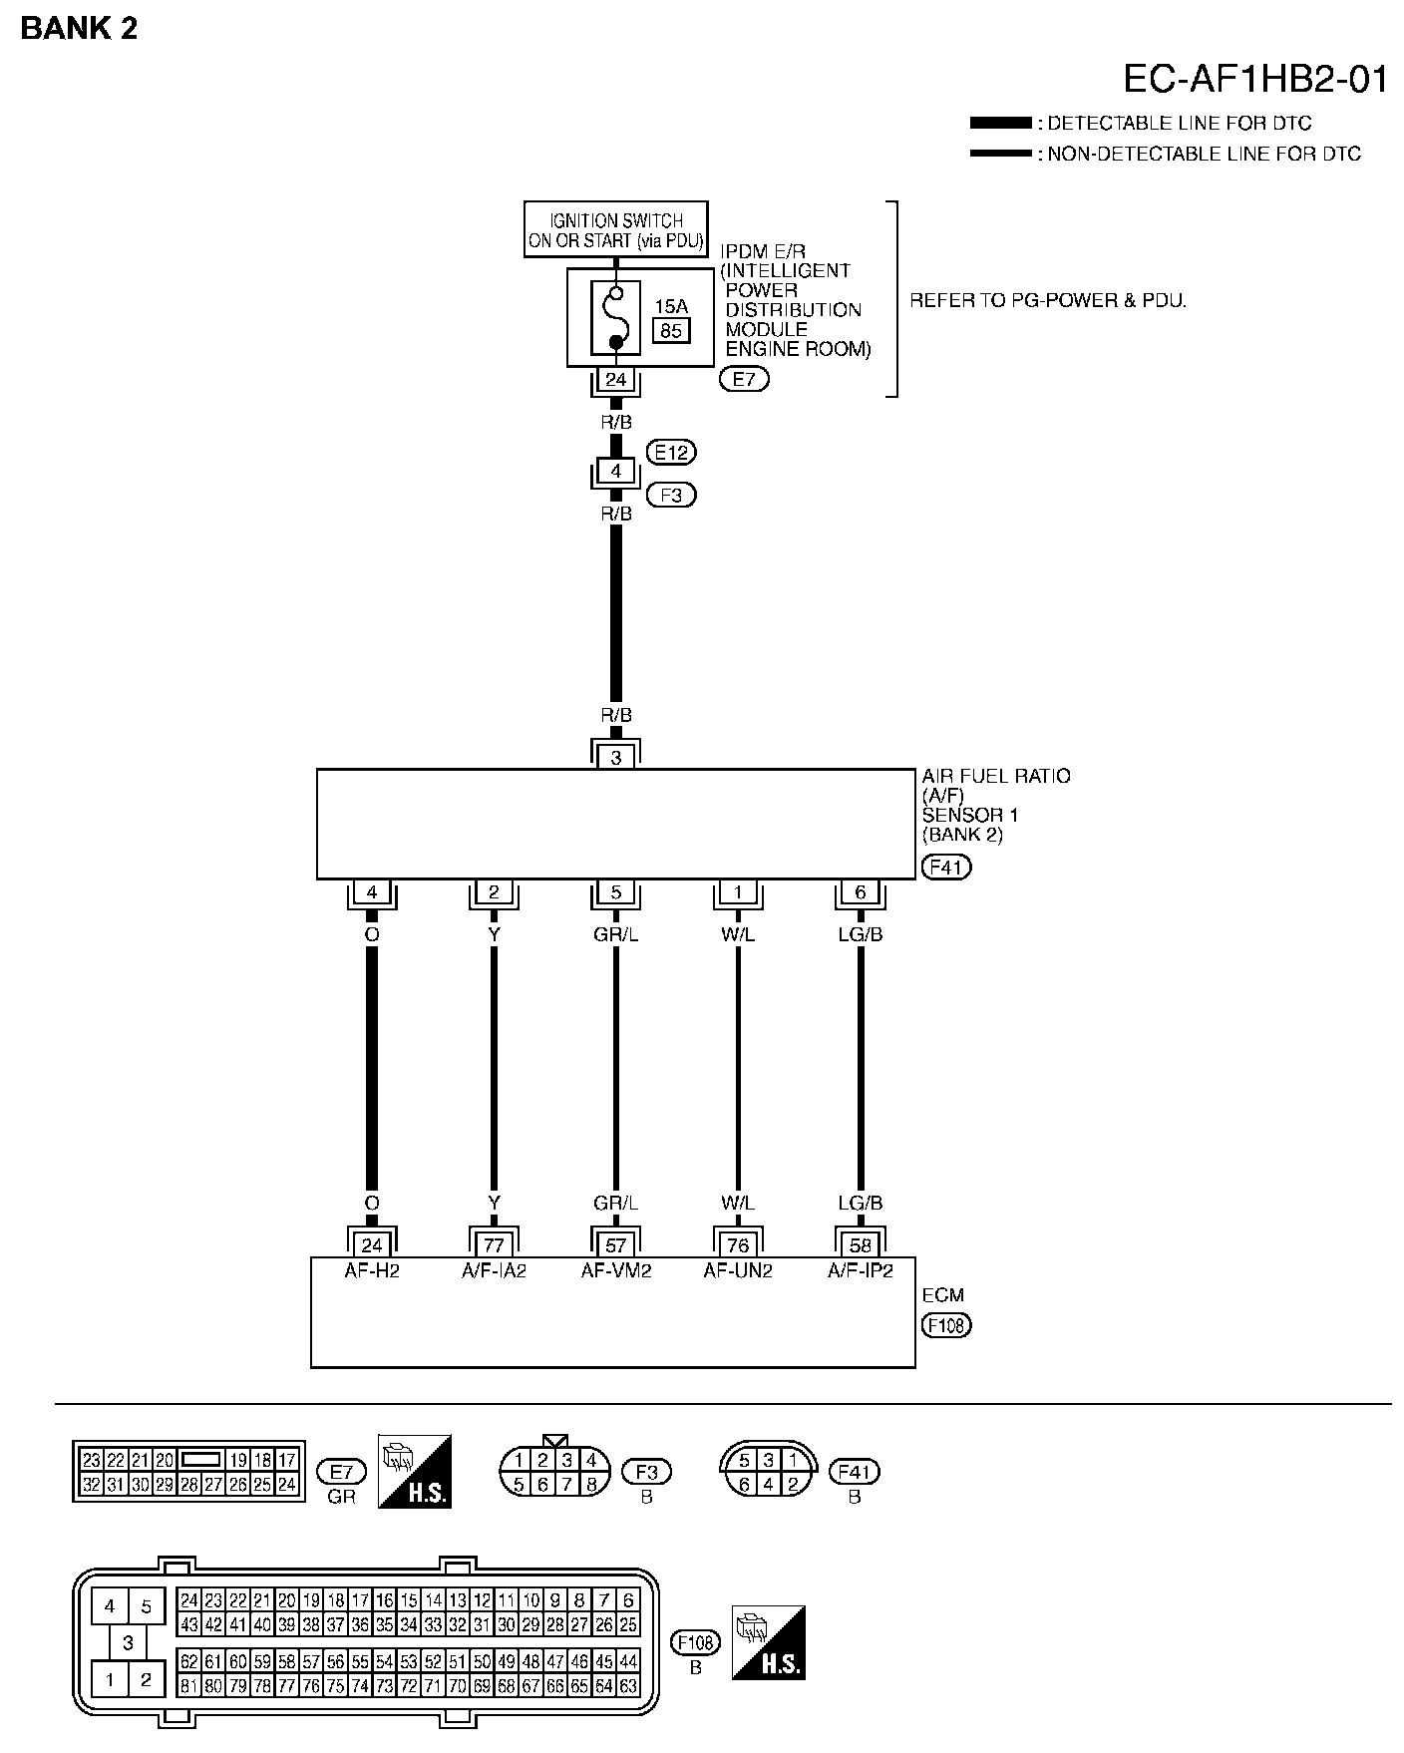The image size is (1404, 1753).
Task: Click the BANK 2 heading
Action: [79, 28]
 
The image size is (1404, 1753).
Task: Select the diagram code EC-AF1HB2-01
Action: [1255, 79]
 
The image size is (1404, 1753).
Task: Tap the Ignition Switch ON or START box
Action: [616, 229]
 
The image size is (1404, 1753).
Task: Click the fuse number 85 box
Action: [671, 330]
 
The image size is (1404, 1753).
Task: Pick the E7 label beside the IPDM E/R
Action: [744, 379]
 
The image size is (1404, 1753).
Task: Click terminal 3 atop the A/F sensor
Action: [616, 757]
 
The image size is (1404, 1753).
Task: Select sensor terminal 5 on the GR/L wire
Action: [616, 892]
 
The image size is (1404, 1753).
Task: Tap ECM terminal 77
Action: [494, 1244]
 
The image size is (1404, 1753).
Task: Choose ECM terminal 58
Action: [861, 1244]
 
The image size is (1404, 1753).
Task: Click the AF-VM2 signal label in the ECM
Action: [616, 1270]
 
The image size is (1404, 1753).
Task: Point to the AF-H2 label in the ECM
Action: [371, 1270]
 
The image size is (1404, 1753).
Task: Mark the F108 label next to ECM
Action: [946, 1325]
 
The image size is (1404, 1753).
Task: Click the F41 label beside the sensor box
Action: [945, 867]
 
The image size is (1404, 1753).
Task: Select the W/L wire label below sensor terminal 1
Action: [738, 934]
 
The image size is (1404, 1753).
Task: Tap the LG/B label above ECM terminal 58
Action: [861, 1204]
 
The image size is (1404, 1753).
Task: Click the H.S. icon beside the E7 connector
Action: [415, 1471]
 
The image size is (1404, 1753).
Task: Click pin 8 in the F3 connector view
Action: [591, 1485]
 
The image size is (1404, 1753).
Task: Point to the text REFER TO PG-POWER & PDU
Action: [1048, 300]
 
